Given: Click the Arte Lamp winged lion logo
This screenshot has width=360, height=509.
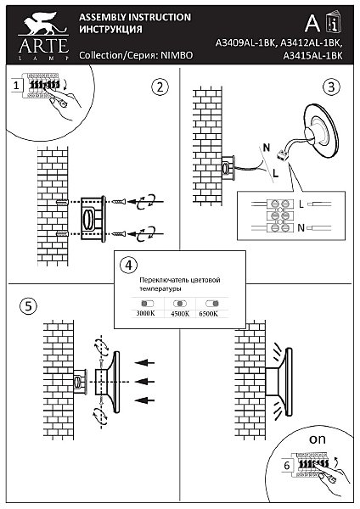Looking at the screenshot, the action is point(42,24).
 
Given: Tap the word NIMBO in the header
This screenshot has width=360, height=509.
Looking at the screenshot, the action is point(177,55).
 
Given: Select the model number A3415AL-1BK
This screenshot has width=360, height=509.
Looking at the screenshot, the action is point(312,56).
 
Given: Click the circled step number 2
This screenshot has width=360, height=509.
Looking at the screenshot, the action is point(160,87).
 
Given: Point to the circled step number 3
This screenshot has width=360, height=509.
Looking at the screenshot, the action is point(331,87).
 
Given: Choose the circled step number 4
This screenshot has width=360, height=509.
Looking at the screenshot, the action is point(129,266).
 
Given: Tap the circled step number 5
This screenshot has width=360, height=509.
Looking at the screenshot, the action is point(28,306).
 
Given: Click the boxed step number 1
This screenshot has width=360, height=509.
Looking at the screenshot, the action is point(16,86).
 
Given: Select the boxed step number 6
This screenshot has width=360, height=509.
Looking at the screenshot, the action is point(287,465).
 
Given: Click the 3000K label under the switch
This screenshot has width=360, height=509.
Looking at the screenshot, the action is point(145,314).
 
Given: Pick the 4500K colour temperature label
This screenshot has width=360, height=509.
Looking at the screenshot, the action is point(180,314).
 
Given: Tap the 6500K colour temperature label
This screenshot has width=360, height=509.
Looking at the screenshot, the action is point(209,314).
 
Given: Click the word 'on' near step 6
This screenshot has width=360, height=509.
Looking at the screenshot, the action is point(318,439).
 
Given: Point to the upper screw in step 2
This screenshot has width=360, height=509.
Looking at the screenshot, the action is point(119,202).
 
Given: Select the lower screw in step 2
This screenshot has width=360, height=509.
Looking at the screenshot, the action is point(119,233).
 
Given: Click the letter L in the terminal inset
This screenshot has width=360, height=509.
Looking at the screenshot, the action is point(301,204).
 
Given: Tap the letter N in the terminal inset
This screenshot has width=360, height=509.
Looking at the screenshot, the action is point(301,228).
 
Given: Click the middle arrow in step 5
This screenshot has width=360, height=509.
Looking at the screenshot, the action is point(144,382).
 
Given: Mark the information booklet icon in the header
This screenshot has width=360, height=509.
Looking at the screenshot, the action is point(334,22).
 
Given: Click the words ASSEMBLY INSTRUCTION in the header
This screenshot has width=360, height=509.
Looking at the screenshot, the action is point(135,17).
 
